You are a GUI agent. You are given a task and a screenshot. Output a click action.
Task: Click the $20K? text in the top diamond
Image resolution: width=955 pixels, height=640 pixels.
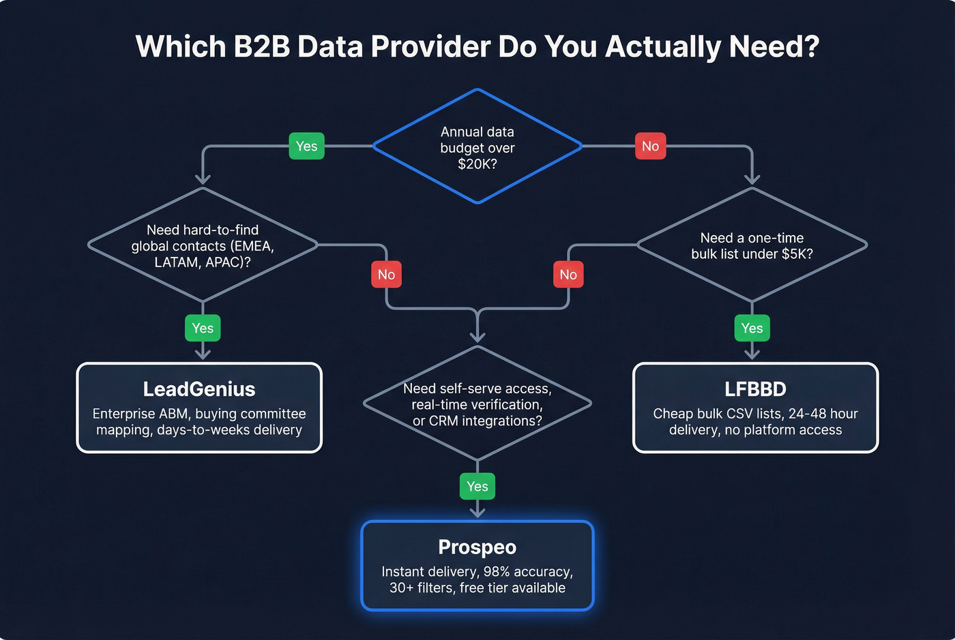point(477,164)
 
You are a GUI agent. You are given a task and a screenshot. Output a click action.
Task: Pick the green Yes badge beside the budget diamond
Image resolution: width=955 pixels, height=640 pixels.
point(306,146)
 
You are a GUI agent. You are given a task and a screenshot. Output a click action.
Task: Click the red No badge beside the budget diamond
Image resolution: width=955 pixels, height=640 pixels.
point(650,146)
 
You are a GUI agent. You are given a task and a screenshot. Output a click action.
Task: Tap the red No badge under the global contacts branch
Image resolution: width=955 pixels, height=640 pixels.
point(386,274)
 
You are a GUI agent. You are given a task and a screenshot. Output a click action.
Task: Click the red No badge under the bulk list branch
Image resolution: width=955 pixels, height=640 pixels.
point(568,274)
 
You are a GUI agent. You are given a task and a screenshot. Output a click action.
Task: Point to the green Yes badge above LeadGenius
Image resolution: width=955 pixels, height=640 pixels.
point(203,328)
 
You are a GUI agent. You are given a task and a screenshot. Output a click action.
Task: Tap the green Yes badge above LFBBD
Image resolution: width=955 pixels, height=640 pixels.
point(752,328)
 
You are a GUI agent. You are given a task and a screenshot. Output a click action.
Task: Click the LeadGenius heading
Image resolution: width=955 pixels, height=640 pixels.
point(199,389)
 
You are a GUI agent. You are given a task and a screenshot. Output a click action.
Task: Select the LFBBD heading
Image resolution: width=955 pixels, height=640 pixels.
point(755,389)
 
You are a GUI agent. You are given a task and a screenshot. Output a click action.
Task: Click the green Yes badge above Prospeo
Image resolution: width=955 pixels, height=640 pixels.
point(477,486)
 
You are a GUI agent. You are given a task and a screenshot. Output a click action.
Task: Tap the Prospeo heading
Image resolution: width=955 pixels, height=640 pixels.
point(477,547)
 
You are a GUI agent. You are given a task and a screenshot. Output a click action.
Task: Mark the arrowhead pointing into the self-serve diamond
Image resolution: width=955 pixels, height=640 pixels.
point(477,337)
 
